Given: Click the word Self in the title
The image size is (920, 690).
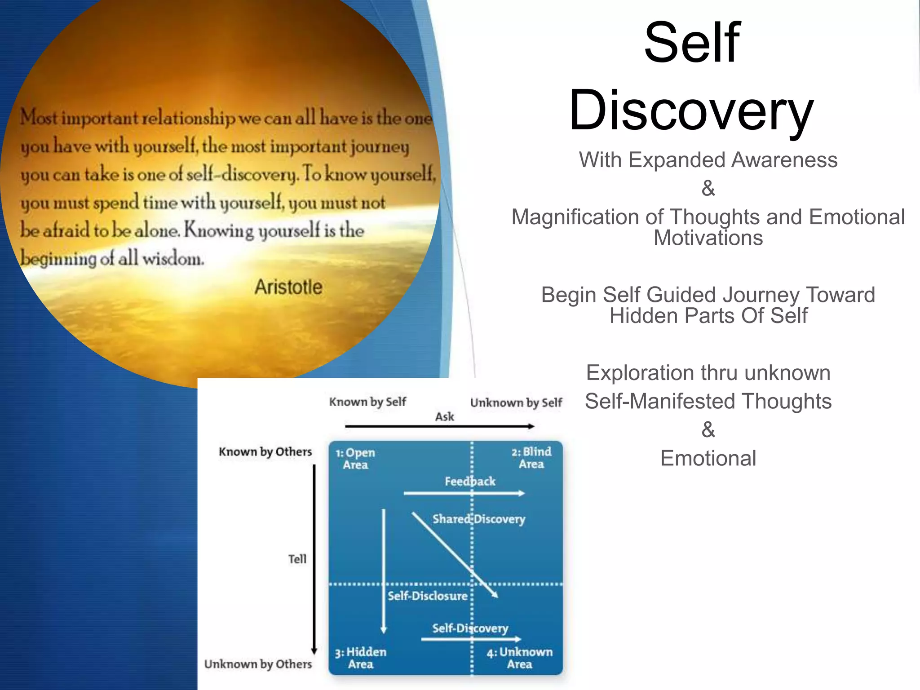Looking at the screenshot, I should click(692, 43).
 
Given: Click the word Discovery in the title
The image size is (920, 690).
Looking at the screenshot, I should click(691, 110).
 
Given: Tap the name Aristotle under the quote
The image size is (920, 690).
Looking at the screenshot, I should click(288, 287).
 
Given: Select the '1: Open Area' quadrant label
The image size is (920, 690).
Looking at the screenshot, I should click(355, 459).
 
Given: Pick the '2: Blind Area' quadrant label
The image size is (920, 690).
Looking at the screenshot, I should click(531, 458).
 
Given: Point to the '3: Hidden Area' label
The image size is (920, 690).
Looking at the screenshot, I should click(361, 658).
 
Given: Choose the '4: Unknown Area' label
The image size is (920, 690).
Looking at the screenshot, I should click(520, 658).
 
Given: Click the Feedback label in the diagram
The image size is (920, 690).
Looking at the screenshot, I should click(470, 482).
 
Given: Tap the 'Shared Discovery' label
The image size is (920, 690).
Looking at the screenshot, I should click(479, 519).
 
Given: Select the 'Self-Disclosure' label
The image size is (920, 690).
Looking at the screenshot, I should click(428, 596).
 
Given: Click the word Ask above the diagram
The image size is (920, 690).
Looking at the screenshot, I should click(445, 417).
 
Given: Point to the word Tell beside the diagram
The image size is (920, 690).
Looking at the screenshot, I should click(297, 559).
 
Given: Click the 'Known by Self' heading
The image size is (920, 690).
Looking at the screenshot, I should click(367, 402).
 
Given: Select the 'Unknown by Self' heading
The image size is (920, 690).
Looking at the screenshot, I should click(516, 402).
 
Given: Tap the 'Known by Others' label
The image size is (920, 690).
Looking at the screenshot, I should click(265, 451).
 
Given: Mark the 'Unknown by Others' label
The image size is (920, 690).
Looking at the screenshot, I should click(258, 664).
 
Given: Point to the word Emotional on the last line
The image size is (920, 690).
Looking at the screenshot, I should click(708, 459).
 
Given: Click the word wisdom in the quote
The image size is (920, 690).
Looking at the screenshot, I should click(173, 259).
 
